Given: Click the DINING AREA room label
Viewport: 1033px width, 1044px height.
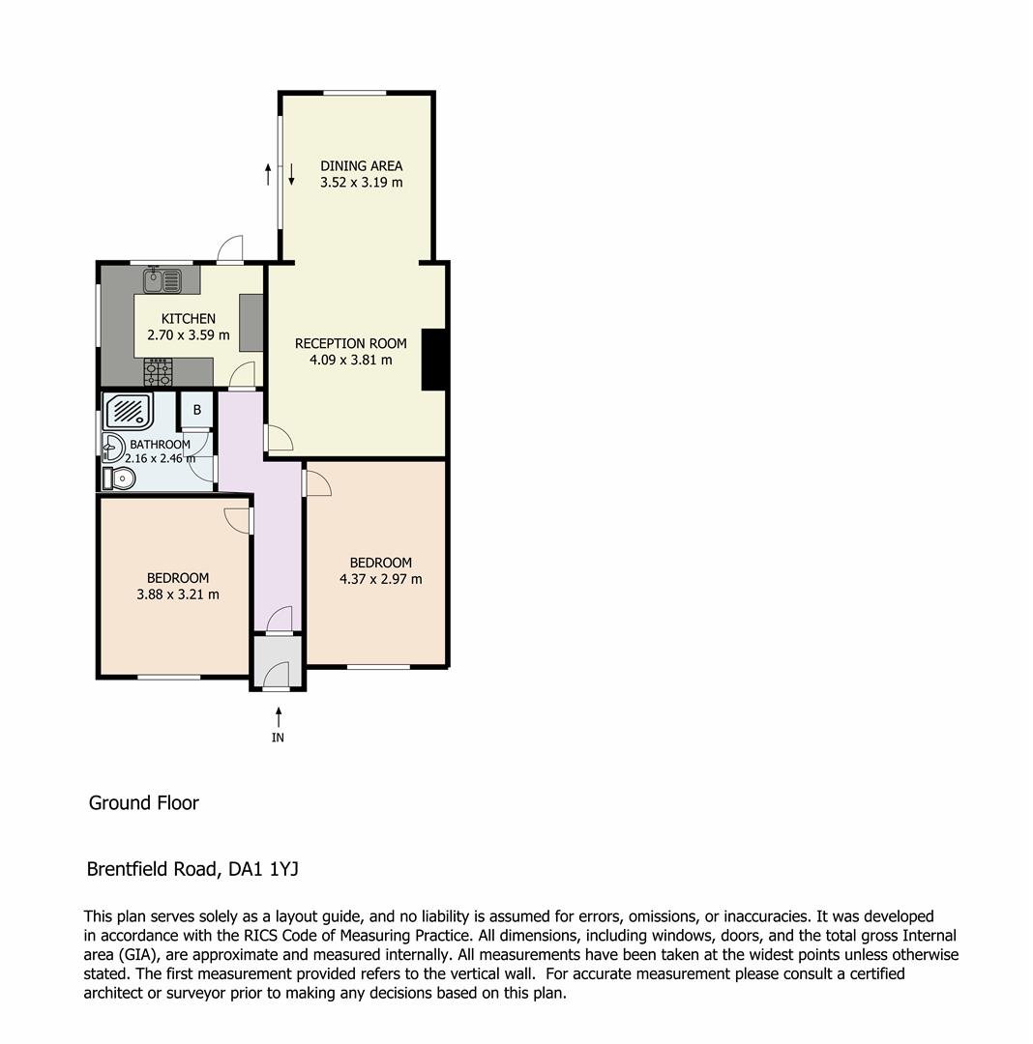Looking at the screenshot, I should pyautogui.click(x=361, y=165).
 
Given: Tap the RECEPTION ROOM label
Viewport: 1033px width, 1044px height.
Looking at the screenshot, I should pyautogui.click(x=350, y=343).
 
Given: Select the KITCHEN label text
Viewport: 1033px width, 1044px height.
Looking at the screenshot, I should pyautogui.click(x=188, y=319).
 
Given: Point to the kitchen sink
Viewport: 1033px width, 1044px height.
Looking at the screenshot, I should pyautogui.click(x=162, y=280).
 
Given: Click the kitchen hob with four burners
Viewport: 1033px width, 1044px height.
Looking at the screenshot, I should pyautogui.click(x=158, y=371).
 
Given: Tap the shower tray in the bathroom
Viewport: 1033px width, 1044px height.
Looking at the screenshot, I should pyautogui.click(x=129, y=411).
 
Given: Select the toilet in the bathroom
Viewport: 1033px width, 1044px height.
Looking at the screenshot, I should pyautogui.click(x=121, y=478).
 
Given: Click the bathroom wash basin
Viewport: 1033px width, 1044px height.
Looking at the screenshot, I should pyautogui.click(x=113, y=447).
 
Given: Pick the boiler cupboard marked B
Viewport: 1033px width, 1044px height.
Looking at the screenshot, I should pyautogui.click(x=196, y=410).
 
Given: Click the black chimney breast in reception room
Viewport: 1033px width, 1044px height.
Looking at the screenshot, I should pyautogui.click(x=433, y=360).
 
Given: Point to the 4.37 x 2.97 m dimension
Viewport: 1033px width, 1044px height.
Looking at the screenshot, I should pyautogui.click(x=380, y=579).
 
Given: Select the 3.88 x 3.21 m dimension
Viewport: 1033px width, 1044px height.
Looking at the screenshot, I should pyautogui.click(x=178, y=594).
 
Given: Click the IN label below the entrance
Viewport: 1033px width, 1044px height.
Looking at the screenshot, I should pyautogui.click(x=279, y=738).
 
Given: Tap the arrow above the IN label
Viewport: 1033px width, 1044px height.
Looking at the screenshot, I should pyautogui.click(x=279, y=716).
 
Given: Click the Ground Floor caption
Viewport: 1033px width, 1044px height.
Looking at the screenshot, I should pyautogui.click(x=143, y=802).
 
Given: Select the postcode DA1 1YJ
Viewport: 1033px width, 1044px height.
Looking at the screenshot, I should pyautogui.click(x=263, y=869).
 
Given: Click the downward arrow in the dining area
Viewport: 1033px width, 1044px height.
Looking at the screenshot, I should pyautogui.click(x=291, y=175).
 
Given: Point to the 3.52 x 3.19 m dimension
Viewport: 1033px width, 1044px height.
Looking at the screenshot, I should pyautogui.click(x=361, y=182).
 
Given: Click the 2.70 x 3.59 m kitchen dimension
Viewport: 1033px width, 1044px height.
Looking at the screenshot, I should pyautogui.click(x=188, y=335).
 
